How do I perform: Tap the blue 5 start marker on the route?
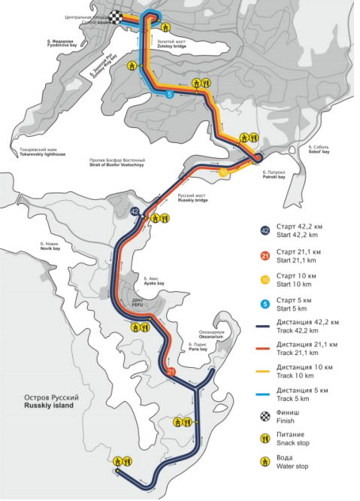(x=170, y=94)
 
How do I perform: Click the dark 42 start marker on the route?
(x=135, y=212)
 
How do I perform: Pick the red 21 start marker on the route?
(x=172, y=372)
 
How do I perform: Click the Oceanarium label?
(x=211, y=336)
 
